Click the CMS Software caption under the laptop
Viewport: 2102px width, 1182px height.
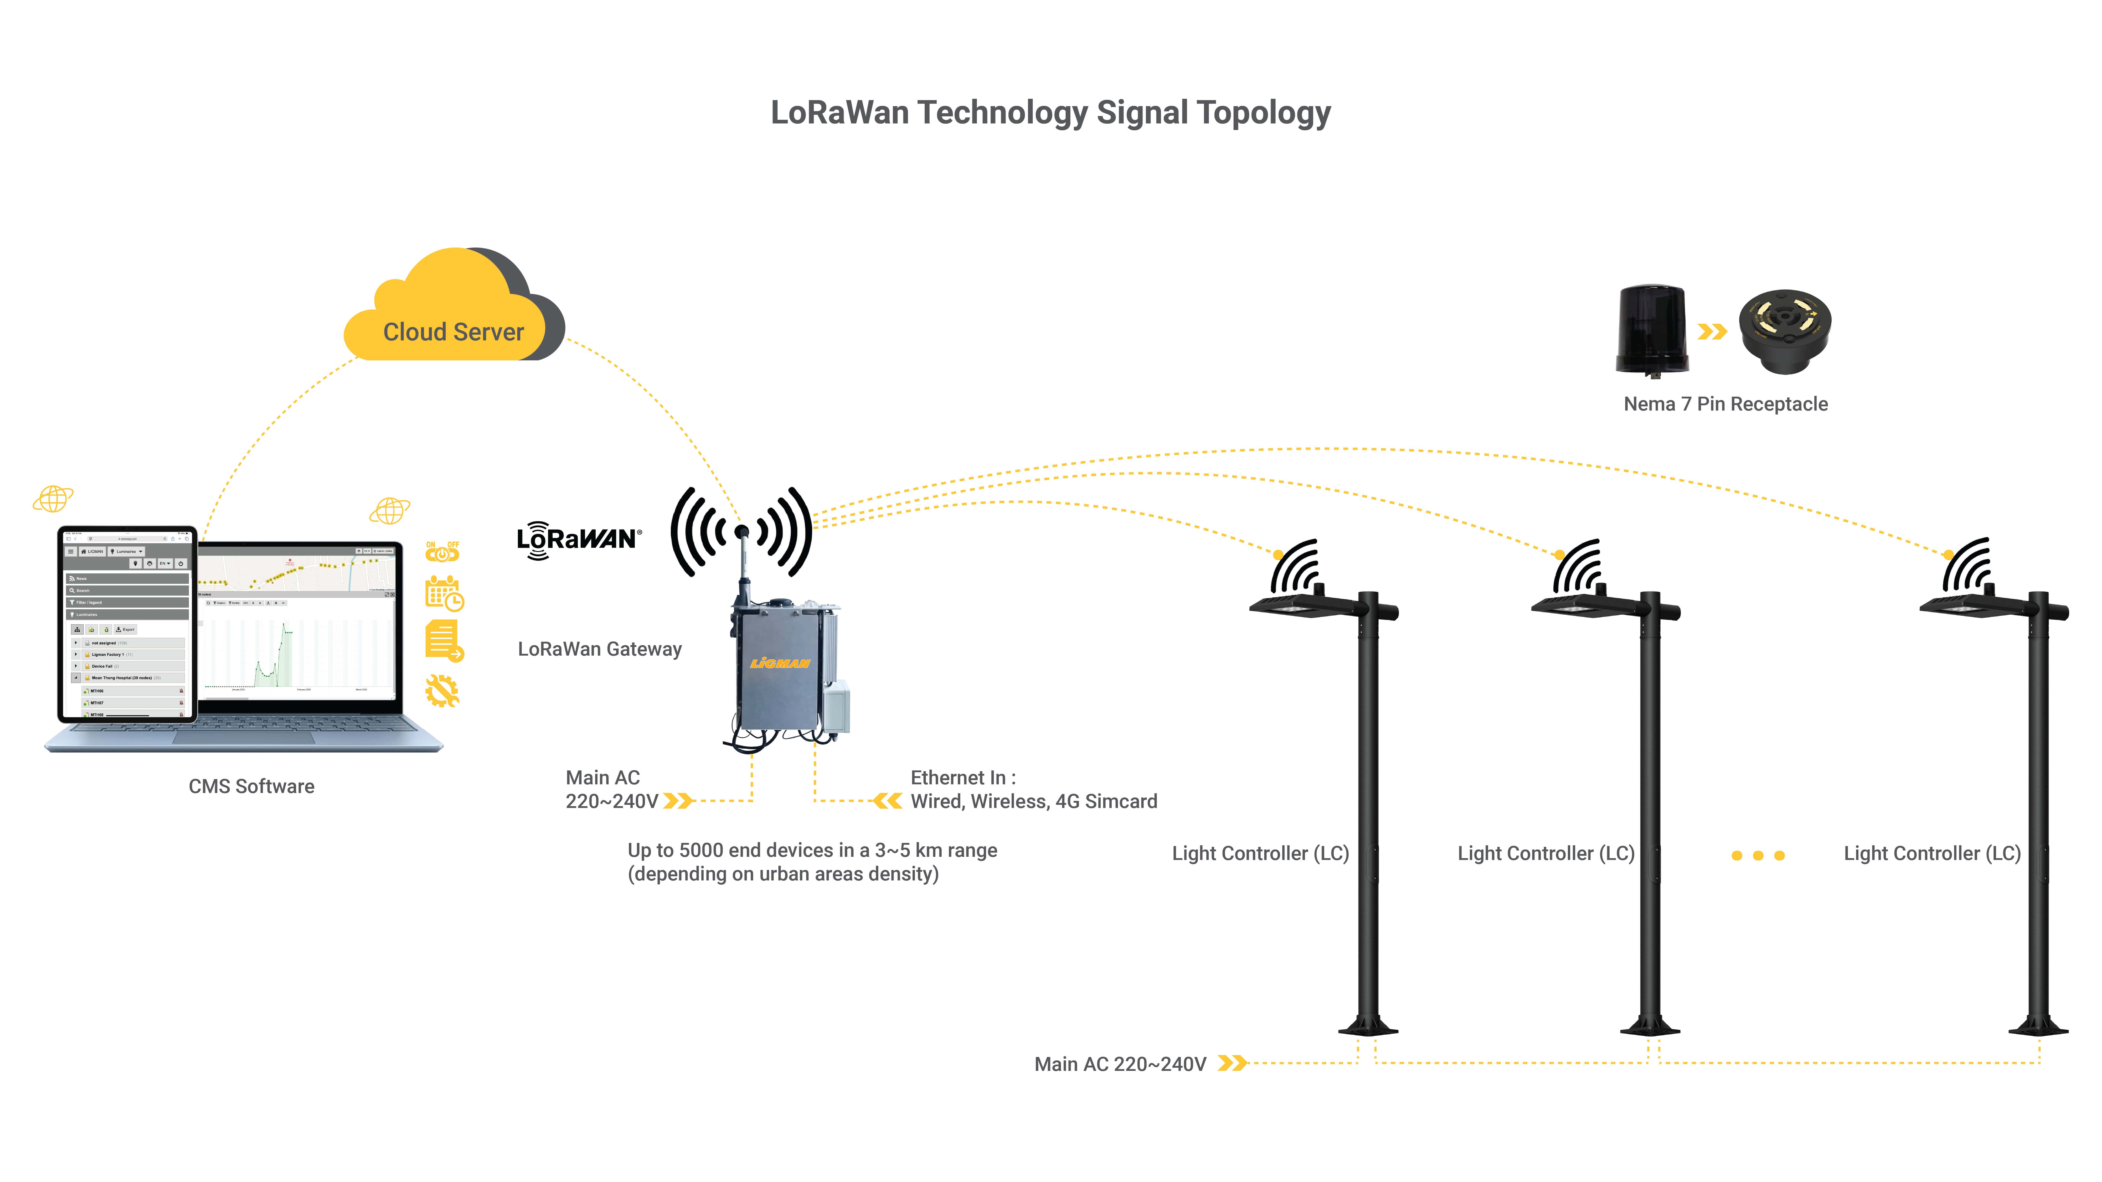251,786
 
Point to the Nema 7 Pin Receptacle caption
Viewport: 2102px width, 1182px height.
1725,404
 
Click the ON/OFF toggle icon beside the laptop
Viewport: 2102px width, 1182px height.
442,552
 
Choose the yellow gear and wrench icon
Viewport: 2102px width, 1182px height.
441,691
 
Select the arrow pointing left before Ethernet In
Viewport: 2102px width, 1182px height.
887,801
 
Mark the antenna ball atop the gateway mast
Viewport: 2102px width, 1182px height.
742,532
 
